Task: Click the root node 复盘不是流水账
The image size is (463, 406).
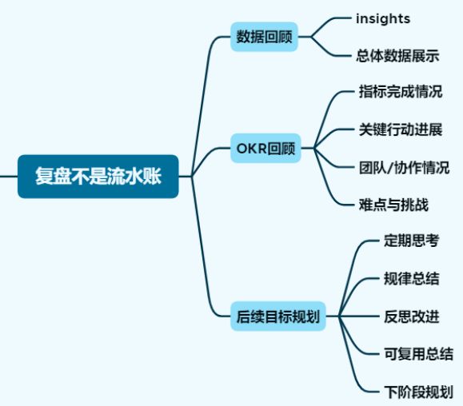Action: click(x=98, y=176)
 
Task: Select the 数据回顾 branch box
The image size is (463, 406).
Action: click(x=264, y=37)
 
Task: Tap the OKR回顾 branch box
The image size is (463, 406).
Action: click(x=265, y=148)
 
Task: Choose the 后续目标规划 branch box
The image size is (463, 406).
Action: click(x=277, y=316)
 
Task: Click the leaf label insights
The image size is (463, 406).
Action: click(x=383, y=19)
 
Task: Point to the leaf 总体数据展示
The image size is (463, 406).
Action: click(x=397, y=56)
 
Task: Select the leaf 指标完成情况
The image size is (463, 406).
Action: click(x=401, y=91)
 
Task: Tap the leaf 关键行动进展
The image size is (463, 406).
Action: click(x=401, y=129)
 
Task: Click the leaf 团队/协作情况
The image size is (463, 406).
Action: click(x=405, y=168)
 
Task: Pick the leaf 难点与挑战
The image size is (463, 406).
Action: click(x=393, y=205)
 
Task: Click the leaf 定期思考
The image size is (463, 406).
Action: click(x=411, y=241)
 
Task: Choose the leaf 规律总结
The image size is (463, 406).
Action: click(x=411, y=279)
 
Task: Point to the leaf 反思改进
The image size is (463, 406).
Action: click(x=411, y=316)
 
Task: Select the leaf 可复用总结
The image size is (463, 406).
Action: click(x=418, y=354)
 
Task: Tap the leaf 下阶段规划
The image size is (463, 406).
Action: click(x=418, y=392)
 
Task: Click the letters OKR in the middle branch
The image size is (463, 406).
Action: click(x=252, y=149)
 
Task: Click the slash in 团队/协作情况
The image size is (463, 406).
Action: click(x=389, y=168)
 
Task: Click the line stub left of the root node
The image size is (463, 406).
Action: click(x=9, y=177)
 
